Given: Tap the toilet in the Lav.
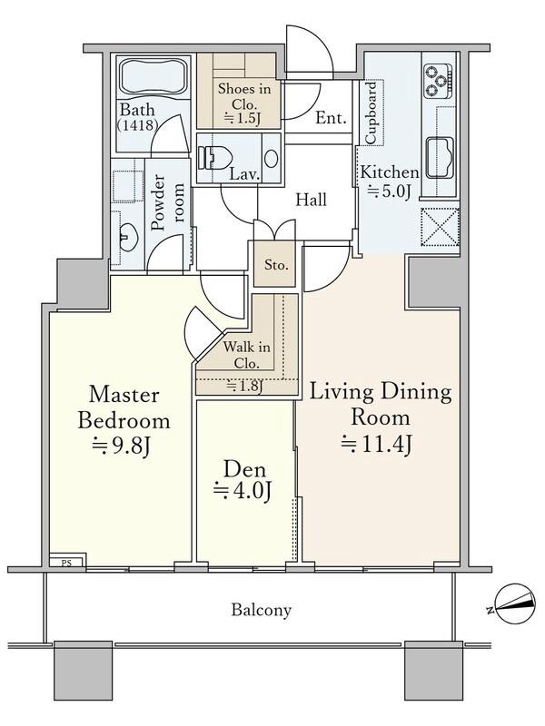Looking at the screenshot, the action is click(x=214, y=158).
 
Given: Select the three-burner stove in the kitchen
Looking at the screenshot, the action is click(x=438, y=81).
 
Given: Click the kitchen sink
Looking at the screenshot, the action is click(x=440, y=158).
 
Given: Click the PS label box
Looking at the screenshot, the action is click(x=66, y=563).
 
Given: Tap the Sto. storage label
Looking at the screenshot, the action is click(x=276, y=265).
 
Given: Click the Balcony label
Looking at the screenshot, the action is click(x=261, y=609).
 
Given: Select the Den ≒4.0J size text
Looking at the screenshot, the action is click(x=242, y=491).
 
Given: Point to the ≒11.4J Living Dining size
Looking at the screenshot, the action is click(x=376, y=444).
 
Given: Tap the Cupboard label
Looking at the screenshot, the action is click(x=372, y=113).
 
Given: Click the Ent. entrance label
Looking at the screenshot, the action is click(x=331, y=118).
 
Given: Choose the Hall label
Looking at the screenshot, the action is click(x=311, y=200).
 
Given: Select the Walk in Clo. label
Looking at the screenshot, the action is click(x=246, y=355).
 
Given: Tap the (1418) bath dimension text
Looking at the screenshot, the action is click(x=137, y=125).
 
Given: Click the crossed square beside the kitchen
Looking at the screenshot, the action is click(x=440, y=226).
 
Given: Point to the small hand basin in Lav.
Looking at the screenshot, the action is click(x=271, y=158).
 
